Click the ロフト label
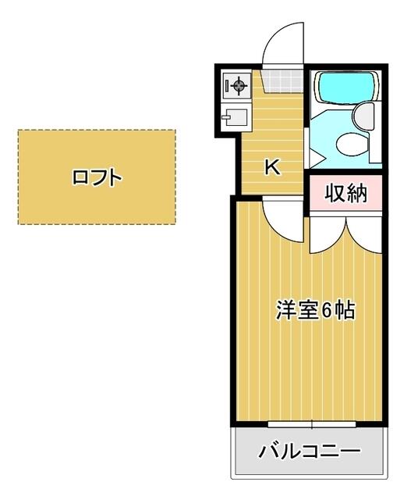pos(97,177)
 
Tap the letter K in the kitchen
pos(273,166)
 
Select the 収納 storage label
pos(346,193)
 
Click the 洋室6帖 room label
pos(315,309)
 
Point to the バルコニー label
pos(310,452)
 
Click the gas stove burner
pos(239,85)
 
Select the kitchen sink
pos(236,117)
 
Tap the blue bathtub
pos(346,87)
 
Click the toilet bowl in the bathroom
pos(353,144)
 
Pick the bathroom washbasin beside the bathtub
pos(363,116)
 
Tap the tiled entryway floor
pos(282,81)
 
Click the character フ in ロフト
pos(98,177)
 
